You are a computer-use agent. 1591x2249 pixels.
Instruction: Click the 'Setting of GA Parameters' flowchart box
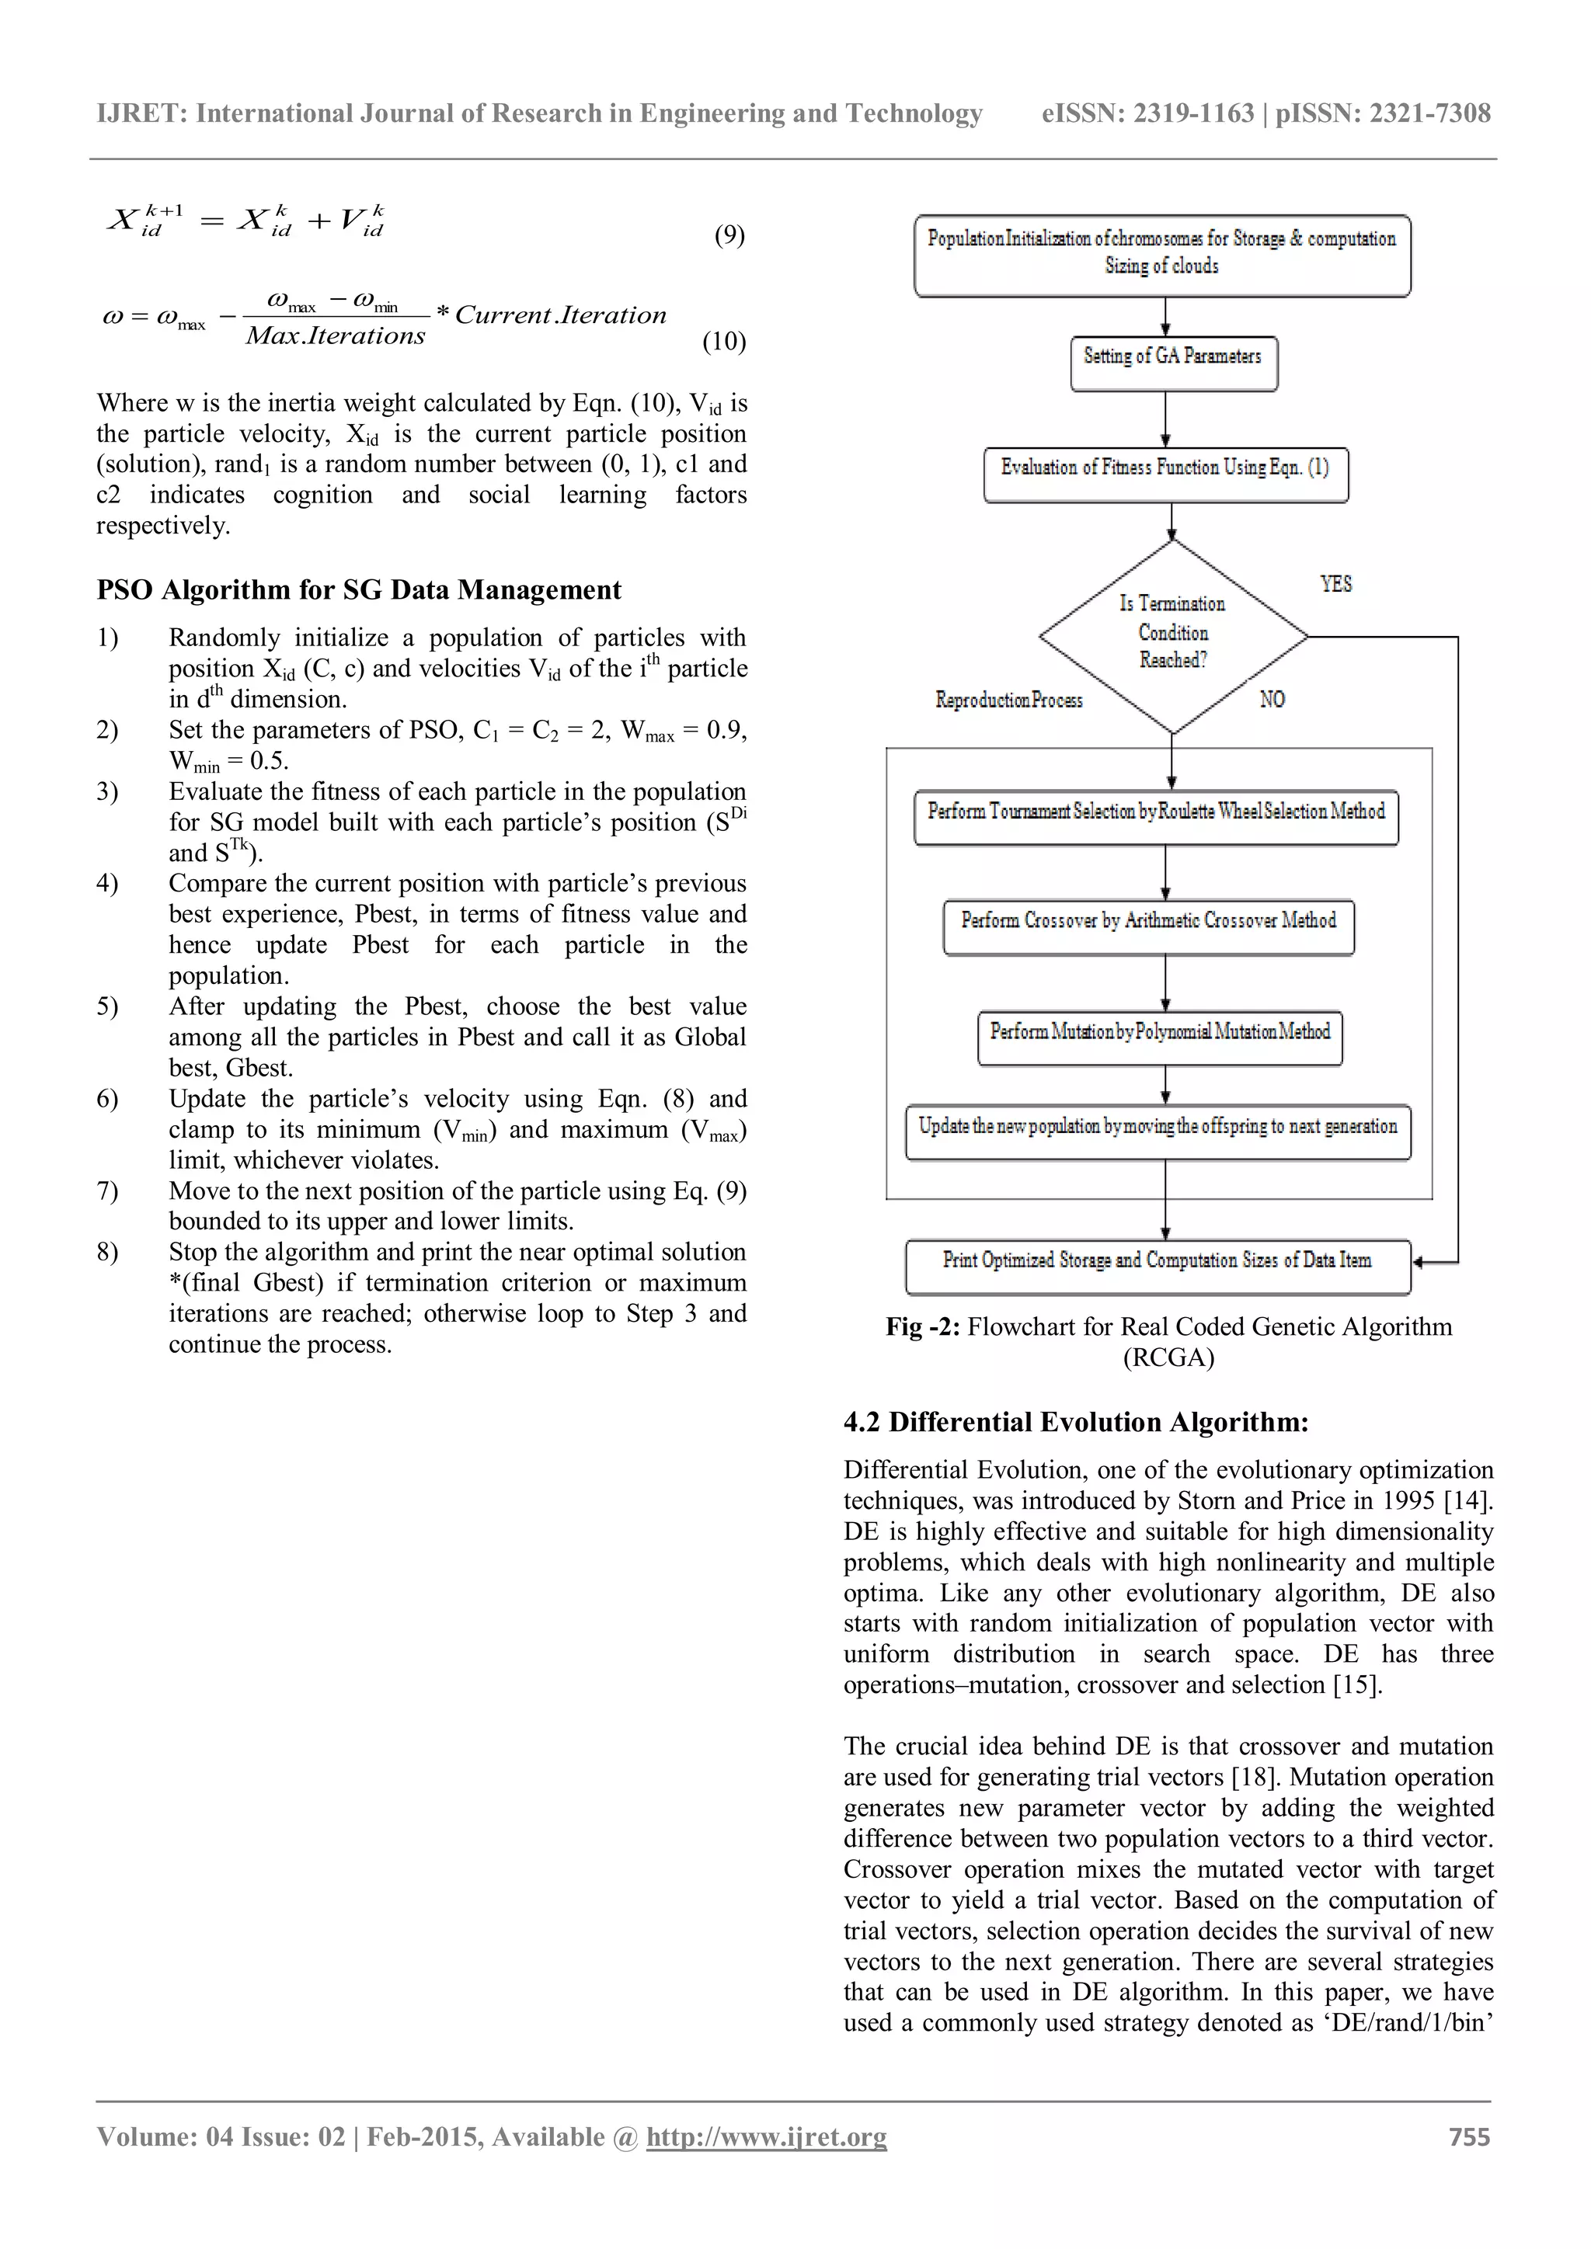click(1173, 363)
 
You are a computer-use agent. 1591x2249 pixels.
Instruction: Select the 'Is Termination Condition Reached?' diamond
click(1173, 634)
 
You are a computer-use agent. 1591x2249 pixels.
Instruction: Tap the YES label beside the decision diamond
click(1335, 584)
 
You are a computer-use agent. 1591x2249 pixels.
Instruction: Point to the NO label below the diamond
click(1272, 700)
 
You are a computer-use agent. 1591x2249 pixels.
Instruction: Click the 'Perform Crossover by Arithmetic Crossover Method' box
click(1148, 926)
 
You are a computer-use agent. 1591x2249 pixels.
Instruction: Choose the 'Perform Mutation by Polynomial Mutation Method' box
click(1160, 1038)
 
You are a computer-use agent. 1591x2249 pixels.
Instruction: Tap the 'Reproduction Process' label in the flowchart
click(1008, 700)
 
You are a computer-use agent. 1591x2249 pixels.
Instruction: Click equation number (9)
click(729, 235)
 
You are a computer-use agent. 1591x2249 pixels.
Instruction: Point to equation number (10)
click(724, 341)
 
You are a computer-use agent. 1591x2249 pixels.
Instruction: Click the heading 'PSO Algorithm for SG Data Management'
click(359, 589)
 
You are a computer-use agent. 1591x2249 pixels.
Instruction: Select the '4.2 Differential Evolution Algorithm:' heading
click(1076, 1421)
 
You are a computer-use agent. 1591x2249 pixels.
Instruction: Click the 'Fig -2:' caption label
click(923, 1326)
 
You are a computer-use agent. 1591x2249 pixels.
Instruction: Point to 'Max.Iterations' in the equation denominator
click(335, 336)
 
